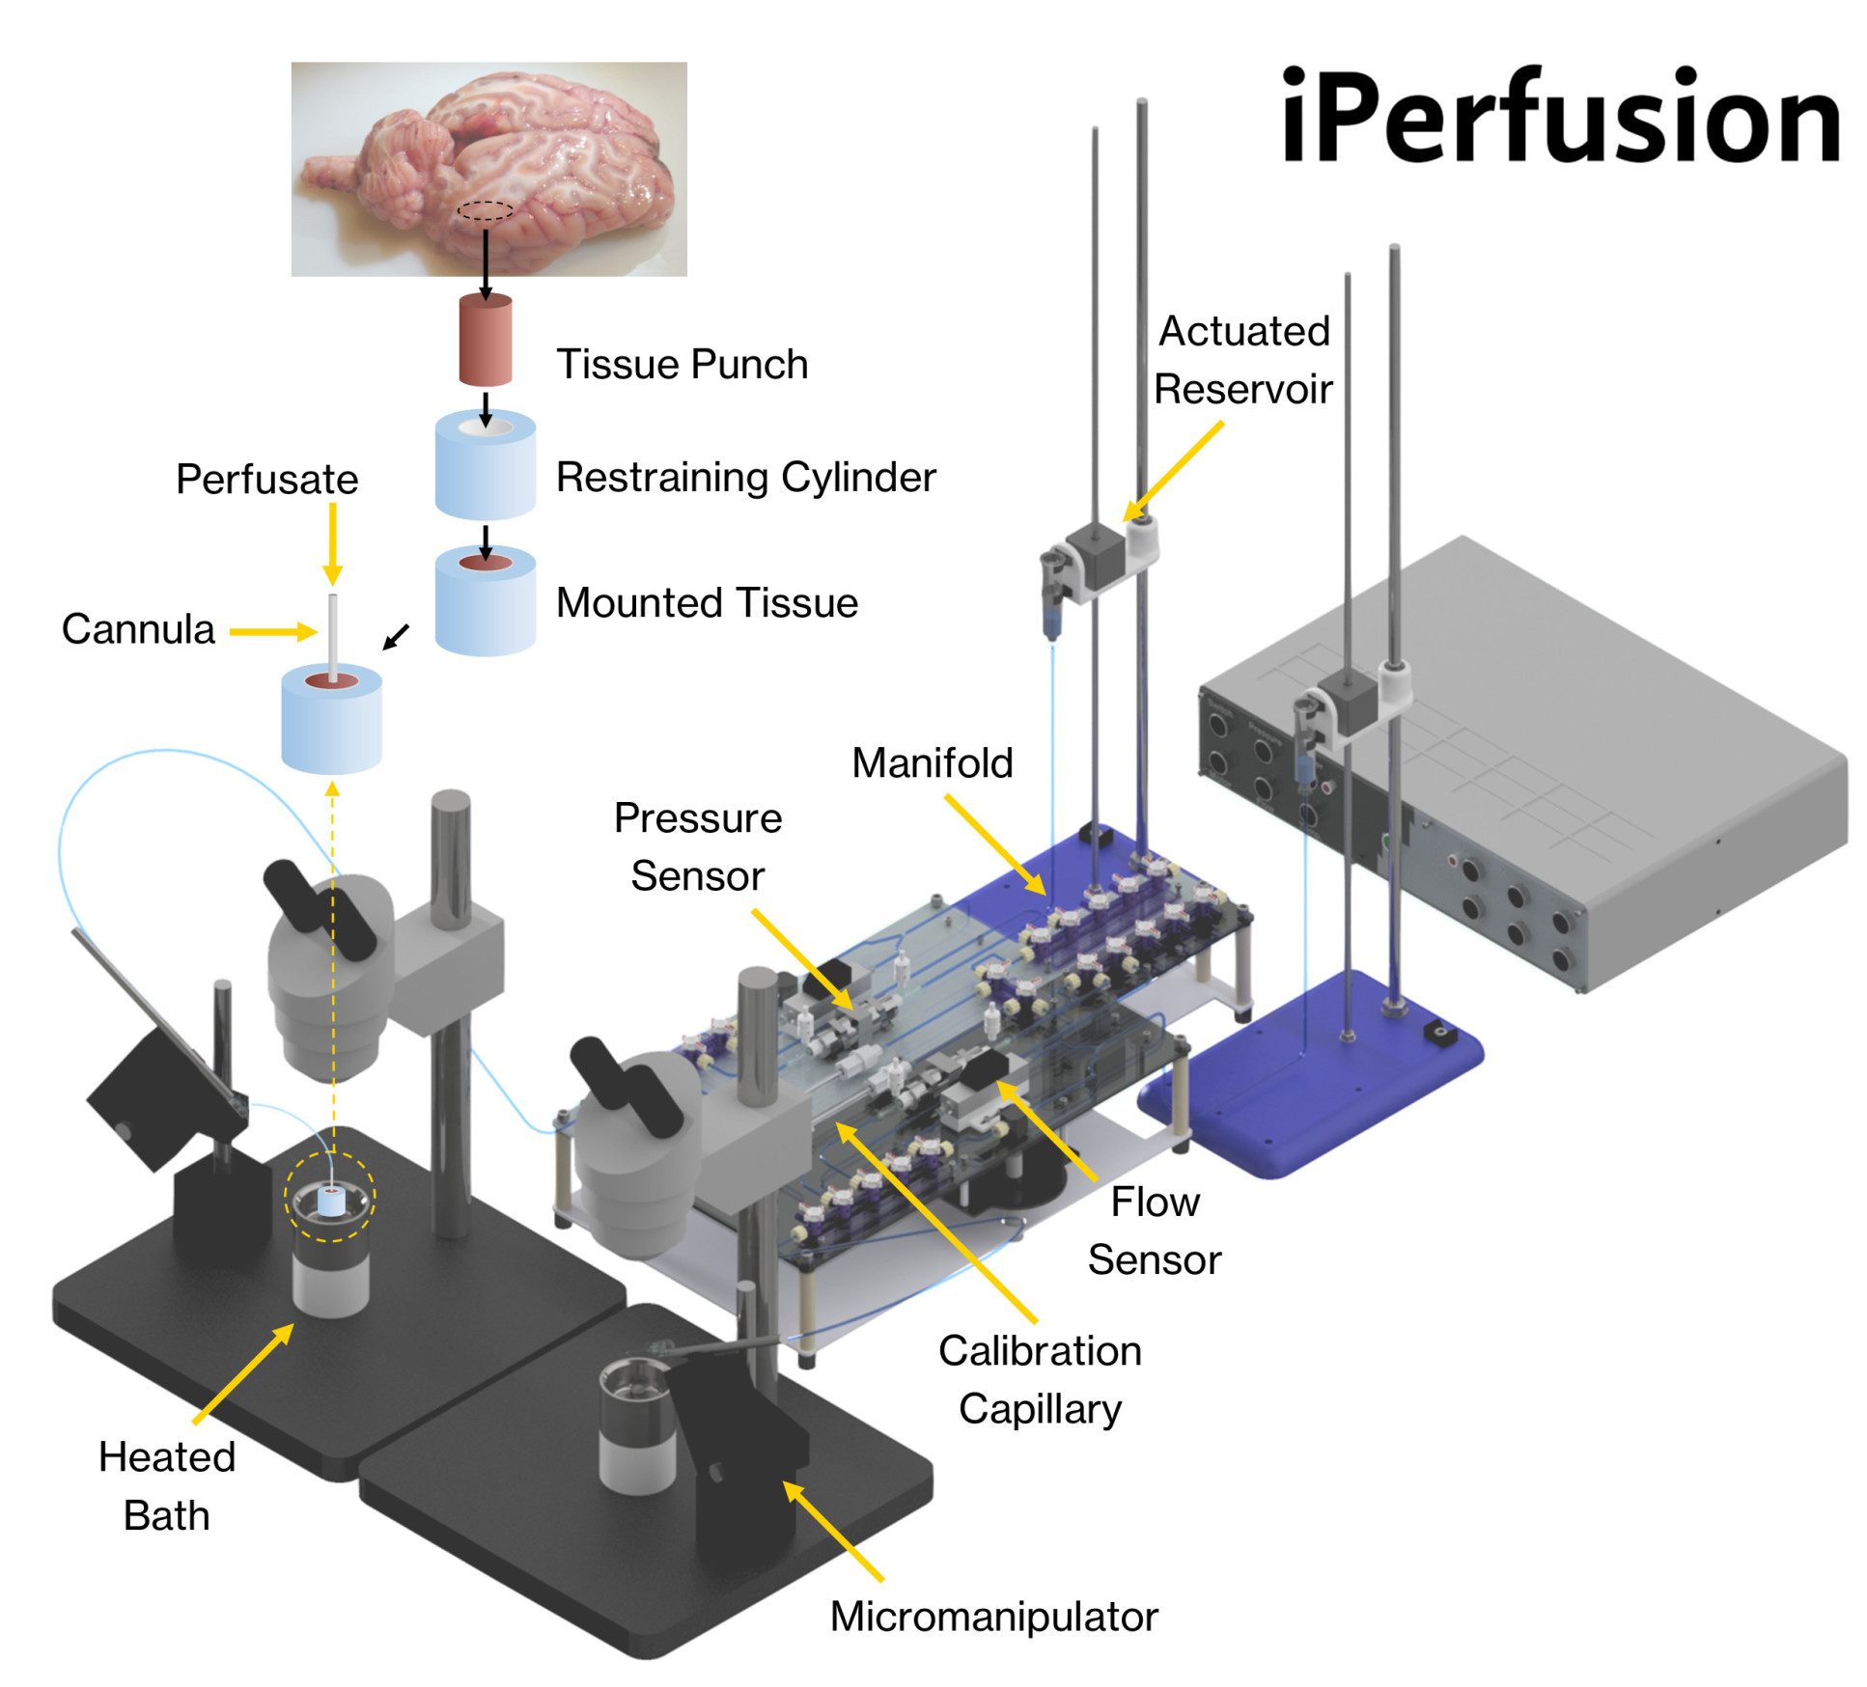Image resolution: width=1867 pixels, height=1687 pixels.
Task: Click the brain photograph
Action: point(488,169)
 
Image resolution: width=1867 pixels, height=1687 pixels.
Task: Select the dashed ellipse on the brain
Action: point(485,210)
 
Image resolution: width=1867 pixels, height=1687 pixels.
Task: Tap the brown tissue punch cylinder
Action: point(485,341)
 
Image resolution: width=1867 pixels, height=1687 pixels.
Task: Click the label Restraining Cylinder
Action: point(745,477)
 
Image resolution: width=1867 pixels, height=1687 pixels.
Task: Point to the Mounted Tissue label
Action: point(707,602)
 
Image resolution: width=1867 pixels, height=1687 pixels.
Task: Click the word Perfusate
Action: point(266,479)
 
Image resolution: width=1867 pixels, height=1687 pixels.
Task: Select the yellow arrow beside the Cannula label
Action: point(272,632)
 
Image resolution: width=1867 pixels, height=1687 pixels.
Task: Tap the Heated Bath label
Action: point(167,1486)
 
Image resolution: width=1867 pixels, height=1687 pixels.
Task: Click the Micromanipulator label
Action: point(993,1616)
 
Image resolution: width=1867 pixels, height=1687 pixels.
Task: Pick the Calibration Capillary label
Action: point(1040,1379)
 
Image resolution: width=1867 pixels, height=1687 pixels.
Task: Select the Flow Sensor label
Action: point(1154,1231)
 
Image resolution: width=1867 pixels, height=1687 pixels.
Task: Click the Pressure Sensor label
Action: point(697,846)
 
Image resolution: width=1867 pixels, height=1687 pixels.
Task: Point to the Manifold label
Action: point(932,762)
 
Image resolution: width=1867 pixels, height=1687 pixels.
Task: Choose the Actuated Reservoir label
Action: point(1243,360)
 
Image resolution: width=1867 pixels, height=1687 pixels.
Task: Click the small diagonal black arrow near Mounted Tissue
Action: point(396,637)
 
